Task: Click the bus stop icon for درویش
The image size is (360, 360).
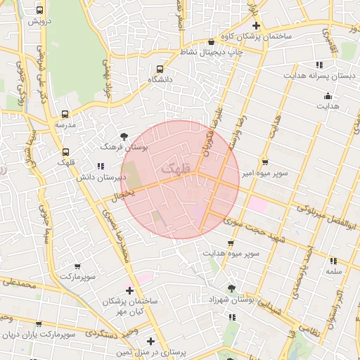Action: (x=39, y=11)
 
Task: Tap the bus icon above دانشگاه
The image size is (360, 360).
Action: (x=160, y=70)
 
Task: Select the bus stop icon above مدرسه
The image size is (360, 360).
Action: (x=65, y=114)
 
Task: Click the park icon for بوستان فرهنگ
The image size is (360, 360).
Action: (x=124, y=136)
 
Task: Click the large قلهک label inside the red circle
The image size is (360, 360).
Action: (x=175, y=169)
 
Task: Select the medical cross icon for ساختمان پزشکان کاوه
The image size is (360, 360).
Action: (x=257, y=25)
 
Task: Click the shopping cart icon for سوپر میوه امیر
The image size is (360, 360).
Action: (x=264, y=160)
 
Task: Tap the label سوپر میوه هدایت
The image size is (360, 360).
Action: (x=232, y=252)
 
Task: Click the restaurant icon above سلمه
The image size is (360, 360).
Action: (x=332, y=260)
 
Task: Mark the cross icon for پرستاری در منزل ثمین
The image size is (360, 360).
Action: (x=150, y=341)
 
